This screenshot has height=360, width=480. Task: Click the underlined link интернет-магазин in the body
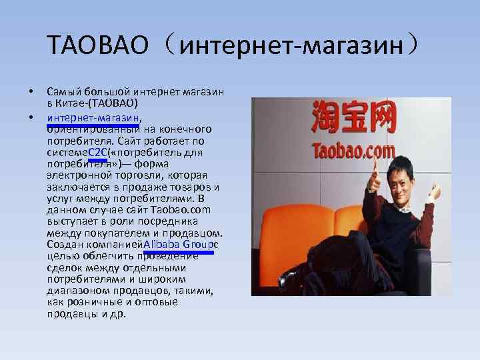[93, 118]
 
